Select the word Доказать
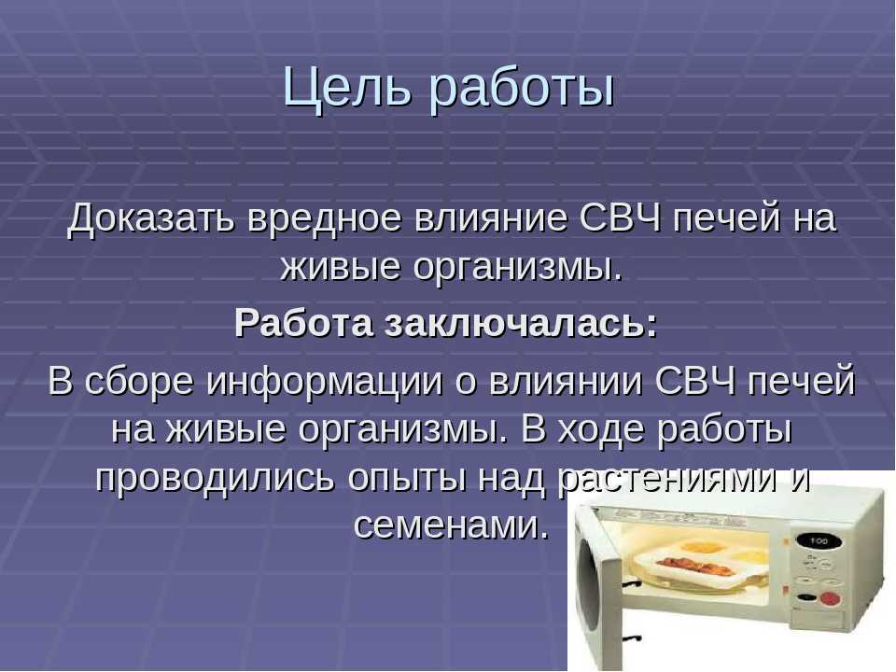point(152,221)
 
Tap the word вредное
point(329,221)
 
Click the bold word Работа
point(301,323)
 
